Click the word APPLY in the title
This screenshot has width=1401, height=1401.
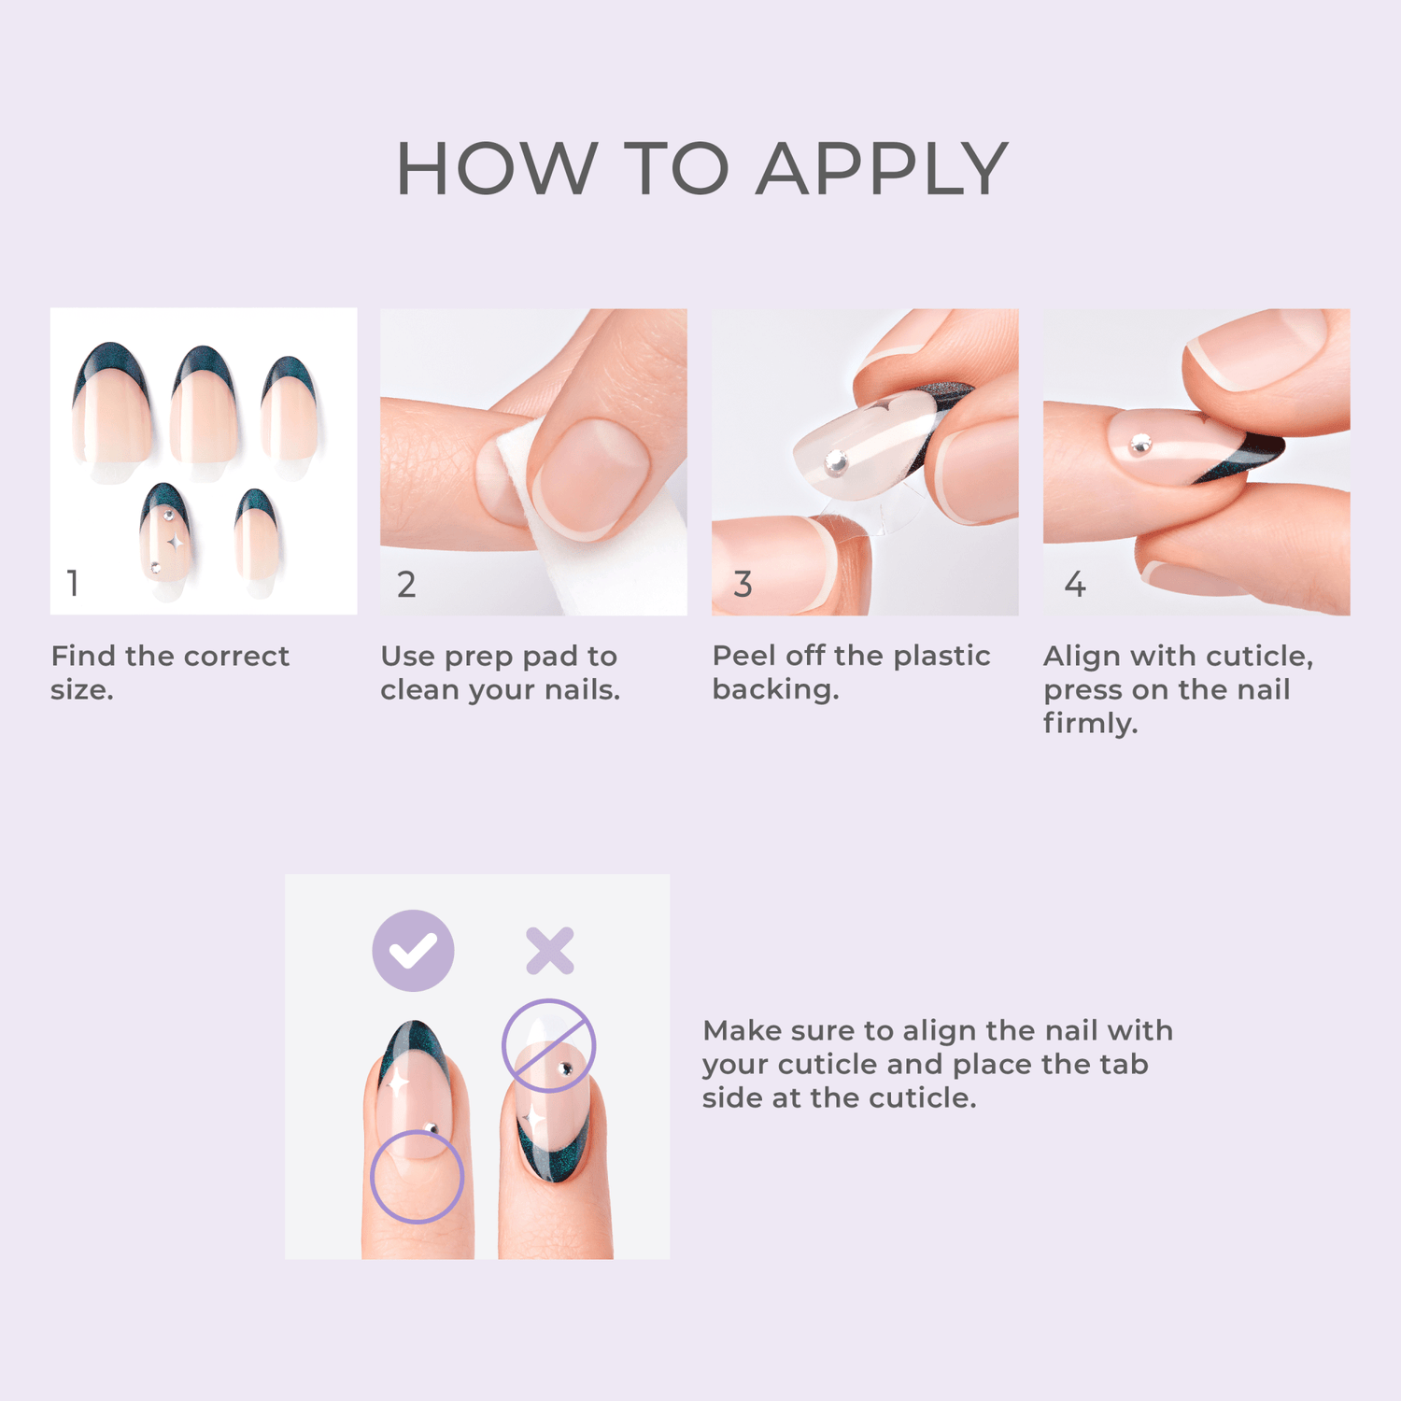(x=882, y=169)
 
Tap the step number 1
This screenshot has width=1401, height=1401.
(x=73, y=583)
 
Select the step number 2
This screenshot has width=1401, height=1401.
(x=406, y=585)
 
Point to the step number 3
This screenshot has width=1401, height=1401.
(x=743, y=585)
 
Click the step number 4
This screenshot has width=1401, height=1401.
(x=1075, y=585)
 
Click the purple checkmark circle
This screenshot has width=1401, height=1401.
(x=413, y=951)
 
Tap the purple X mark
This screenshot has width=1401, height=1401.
(x=549, y=951)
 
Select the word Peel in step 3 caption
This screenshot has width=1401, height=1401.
(x=744, y=656)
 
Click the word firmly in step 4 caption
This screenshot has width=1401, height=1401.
(x=1090, y=724)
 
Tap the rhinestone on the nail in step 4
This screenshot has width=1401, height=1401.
(x=1139, y=446)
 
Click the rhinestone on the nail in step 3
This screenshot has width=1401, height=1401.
(x=836, y=460)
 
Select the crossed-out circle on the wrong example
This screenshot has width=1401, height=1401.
(x=548, y=1045)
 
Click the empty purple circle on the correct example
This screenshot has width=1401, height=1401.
(x=417, y=1176)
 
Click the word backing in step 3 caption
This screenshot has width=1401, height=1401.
(x=775, y=690)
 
